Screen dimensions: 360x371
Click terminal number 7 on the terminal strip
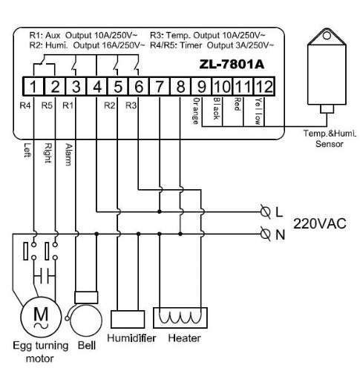point(160,87)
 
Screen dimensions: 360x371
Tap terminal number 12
point(264,87)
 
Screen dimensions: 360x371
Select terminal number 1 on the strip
point(33,87)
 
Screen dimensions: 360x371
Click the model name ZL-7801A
point(232,65)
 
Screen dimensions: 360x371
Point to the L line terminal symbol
point(266,211)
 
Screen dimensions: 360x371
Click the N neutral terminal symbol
point(266,234)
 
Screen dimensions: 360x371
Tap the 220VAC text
point(320,223)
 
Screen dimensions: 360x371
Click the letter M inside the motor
point(41,314)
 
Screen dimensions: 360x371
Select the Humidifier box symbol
point(128,319)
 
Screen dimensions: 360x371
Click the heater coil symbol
point(180,318)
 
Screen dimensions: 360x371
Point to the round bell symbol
point(86,321)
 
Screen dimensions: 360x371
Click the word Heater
point(184,338)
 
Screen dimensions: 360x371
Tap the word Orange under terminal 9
point(196,111)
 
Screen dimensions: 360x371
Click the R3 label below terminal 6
point(131,105)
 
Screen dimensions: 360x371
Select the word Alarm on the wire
point(69,154)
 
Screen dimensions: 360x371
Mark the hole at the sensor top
point(327,36)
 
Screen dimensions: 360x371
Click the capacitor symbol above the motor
point(45,275)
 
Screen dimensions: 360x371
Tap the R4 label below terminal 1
point(25,105)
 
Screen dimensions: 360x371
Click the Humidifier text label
point(131,338)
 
